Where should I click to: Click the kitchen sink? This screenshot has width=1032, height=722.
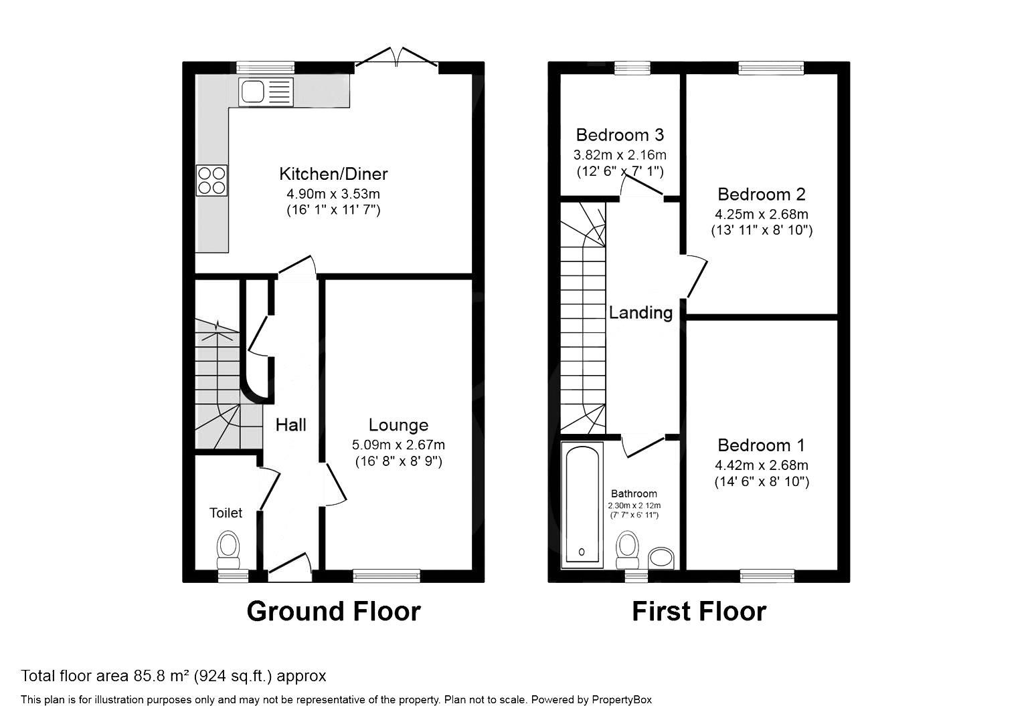266,91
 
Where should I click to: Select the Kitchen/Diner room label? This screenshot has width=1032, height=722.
333,174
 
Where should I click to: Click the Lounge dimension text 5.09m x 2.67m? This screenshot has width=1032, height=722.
398,445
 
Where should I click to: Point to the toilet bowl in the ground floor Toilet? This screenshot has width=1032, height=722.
229,546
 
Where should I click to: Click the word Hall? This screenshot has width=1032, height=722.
291,425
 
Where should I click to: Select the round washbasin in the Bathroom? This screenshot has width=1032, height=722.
662,558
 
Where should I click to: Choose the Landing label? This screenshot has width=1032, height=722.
640,312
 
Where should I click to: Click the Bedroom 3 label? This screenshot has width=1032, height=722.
620,135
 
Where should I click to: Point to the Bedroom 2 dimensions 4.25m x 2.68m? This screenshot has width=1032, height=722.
761,215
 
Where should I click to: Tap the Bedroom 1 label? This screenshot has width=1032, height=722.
761,445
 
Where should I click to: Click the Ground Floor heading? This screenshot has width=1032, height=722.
333,611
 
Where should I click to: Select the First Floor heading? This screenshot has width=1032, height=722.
699,611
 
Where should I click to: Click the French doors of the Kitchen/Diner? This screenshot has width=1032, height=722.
397,59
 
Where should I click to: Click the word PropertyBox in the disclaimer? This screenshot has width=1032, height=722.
621,700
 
